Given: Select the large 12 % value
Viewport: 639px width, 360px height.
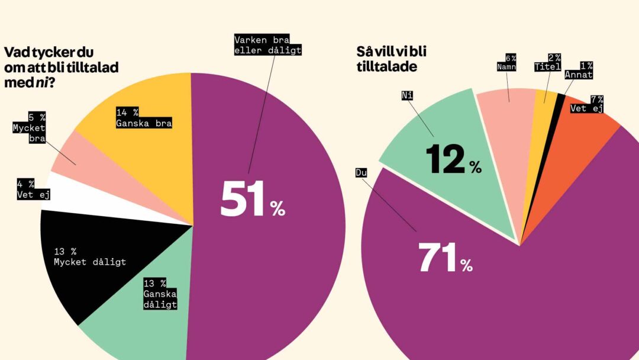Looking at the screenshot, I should click(453, 160).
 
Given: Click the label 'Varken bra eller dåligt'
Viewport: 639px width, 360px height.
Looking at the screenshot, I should click(268, 46).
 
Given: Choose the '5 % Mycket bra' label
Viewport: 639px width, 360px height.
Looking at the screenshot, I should click(29, 126).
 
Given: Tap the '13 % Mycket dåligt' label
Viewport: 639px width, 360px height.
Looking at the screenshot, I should click(89, 256).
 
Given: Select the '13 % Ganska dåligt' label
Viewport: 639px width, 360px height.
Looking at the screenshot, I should click(160, 293).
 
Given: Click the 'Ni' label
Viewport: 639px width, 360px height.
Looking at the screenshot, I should click(406, 94).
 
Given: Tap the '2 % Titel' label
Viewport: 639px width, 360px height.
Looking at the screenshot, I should click(547, 62).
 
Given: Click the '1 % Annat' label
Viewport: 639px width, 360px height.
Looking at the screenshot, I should click(579, 70).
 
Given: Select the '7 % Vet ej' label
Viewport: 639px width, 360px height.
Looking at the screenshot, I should click(587, 104).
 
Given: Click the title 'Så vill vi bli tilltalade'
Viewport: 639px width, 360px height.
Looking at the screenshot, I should click(390, 59).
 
